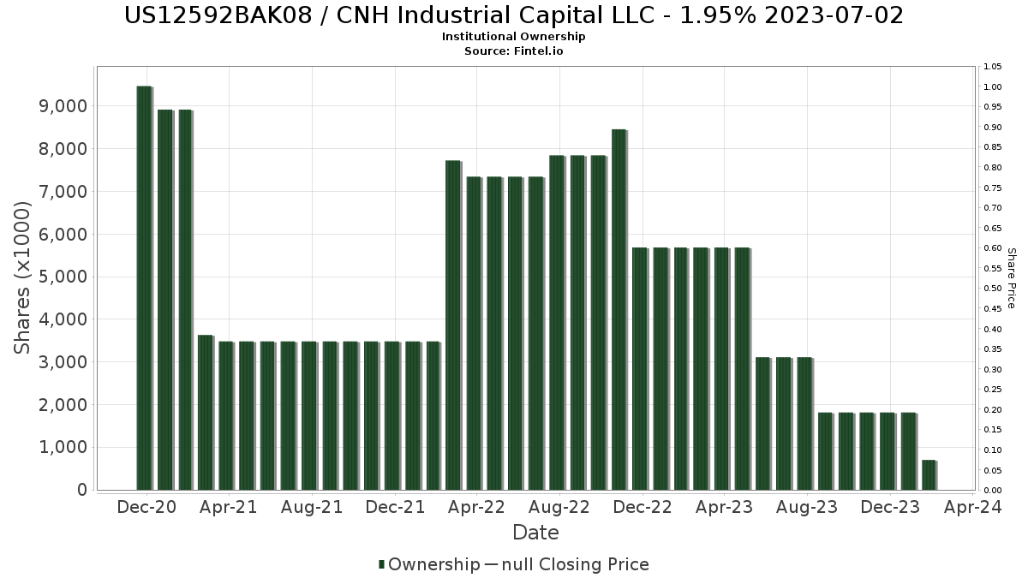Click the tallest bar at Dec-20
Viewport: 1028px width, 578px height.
(144, 288)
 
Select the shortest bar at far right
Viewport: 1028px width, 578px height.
(929, 474)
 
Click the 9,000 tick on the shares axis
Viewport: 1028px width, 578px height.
(64, 106)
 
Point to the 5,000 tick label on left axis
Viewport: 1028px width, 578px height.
(64, 277)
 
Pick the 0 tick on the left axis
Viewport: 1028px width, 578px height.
(82, 490)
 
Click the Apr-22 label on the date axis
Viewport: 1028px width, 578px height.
(477, 508)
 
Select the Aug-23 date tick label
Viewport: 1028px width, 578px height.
(807, 508)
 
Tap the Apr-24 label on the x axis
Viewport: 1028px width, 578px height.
(973, 508)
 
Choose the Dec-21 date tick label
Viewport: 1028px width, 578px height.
(394, 508)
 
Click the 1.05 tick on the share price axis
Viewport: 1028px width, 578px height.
(993, 67)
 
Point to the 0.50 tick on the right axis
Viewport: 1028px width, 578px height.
(993, 289)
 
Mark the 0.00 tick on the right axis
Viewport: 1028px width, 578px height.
(993, 491)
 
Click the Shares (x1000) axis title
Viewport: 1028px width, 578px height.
(23, 277)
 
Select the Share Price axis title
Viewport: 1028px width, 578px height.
(1012, 277)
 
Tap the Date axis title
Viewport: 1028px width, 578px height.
(535, 533)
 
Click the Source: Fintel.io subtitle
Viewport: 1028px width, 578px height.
(514, 51)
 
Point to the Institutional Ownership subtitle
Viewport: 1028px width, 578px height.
(514, 37)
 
